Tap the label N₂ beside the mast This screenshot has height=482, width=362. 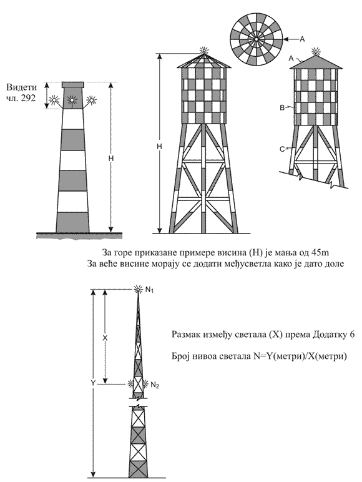tap(155, 385)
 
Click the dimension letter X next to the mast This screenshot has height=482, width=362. tap(105, 338)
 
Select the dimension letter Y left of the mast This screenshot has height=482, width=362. tap(93, 383)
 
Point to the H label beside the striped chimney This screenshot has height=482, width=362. tap(111, 159)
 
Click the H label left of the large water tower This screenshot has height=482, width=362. tap(159, 147)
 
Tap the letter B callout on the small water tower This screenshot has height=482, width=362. tap(281, 107)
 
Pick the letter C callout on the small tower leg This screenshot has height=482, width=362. tap(281, 149)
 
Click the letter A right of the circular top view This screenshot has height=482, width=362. tap(302, 39)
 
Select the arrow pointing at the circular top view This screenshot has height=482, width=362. tap(291, 39)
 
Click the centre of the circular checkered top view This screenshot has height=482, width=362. tap(256, 39)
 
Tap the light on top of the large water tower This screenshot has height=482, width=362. tap(203, 50)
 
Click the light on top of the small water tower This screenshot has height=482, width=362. tap(316, 51)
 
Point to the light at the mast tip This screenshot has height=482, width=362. tap(139, 289)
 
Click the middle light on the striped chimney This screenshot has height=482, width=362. tap(72, 100)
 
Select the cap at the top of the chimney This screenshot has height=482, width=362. tap(73, 85)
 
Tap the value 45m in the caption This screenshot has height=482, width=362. tap(320, 253)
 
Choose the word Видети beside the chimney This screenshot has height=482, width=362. tap(21, 87)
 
